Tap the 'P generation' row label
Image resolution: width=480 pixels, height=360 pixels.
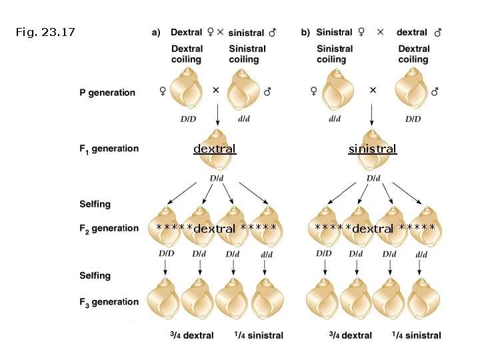click(107, 93)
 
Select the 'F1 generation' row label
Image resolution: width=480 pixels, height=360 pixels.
click(108, 149)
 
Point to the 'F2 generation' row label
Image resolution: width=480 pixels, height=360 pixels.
click(108, 229)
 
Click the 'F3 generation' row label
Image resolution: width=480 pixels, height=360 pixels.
click(108, 302)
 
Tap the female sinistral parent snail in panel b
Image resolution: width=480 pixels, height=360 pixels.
click(336, 89)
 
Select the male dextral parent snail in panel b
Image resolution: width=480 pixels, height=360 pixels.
click(413, 89)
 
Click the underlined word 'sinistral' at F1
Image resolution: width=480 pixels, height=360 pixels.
click(372, 149)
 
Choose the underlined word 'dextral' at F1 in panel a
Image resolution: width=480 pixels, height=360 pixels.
click(215, 149)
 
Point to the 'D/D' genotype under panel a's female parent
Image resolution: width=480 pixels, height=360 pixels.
click(187, 119)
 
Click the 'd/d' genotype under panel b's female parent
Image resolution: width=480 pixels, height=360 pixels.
click(335, 119)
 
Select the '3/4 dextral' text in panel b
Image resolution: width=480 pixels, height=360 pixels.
click(351, 335)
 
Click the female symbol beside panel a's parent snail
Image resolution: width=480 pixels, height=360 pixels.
click(162, 92)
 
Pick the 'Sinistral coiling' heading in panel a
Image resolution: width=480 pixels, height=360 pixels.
click(247, 54)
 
